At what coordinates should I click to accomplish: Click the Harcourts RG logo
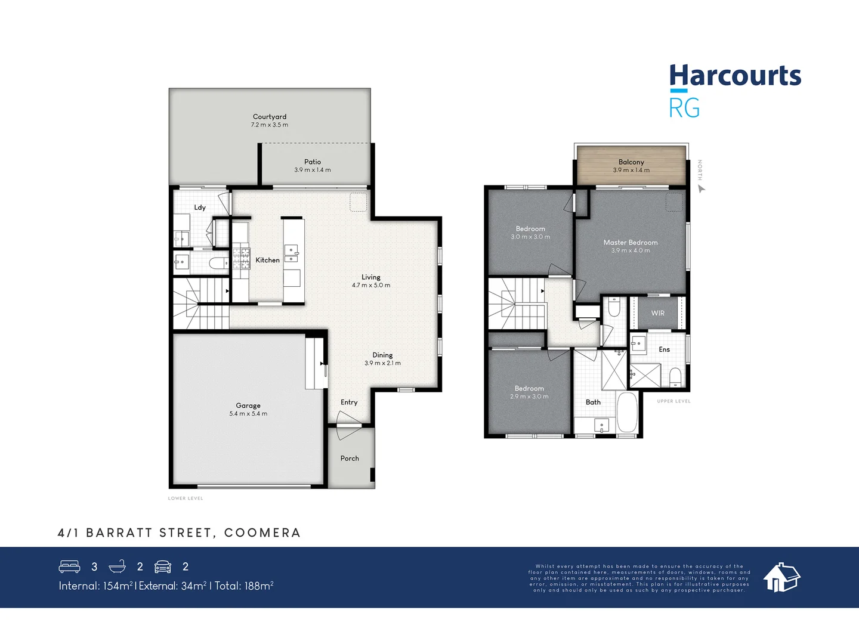734,91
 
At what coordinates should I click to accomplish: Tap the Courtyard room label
270,117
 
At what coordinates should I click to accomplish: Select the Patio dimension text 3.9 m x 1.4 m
312,170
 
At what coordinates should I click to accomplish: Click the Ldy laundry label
200,208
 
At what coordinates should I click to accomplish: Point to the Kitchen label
267,260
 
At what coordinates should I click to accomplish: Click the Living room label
370,277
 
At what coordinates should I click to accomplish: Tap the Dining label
382,355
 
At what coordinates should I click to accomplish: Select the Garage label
248,405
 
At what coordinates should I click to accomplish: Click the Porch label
350,459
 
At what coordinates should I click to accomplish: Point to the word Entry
349,402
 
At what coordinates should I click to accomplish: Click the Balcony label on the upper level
631,162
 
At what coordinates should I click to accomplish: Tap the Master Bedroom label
631,243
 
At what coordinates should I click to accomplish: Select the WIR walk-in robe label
657,313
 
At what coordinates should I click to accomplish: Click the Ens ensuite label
664,349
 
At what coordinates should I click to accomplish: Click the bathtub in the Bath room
626,412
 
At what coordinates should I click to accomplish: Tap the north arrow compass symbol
702,189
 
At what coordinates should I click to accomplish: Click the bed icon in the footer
70,566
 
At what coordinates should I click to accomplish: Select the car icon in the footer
163,566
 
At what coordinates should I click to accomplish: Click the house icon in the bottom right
781,577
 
